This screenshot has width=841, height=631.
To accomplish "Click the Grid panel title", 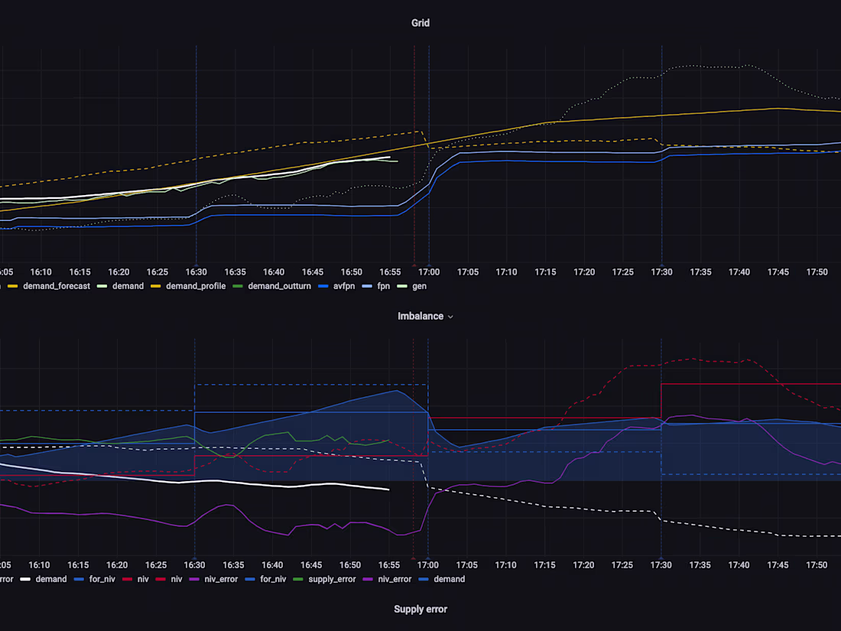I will click(420, 23).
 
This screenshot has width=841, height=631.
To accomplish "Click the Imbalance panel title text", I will click(420, 316).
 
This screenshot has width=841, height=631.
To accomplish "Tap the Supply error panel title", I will click(420, 609).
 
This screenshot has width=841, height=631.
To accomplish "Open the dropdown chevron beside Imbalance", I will click(450, 317).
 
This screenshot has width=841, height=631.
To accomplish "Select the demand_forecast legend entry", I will click(56, 286).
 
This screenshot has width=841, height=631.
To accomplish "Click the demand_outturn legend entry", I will click(279, 286).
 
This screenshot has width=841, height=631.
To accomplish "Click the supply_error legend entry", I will click(330, 579).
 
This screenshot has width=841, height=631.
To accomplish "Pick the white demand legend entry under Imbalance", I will click(50, 579).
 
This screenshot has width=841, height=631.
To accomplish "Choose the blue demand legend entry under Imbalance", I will click(449, 579).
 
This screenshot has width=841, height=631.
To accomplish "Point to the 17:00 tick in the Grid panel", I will click(429, 272).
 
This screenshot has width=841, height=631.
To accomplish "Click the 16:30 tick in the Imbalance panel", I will click(196, 564).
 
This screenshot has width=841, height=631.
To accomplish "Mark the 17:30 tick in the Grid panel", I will click(662, 272).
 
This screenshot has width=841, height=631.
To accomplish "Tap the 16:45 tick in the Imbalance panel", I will click(312, 564).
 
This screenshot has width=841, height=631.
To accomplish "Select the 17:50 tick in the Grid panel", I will click(817, 272).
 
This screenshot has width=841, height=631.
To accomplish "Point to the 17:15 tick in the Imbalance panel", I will click(545, 564).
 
